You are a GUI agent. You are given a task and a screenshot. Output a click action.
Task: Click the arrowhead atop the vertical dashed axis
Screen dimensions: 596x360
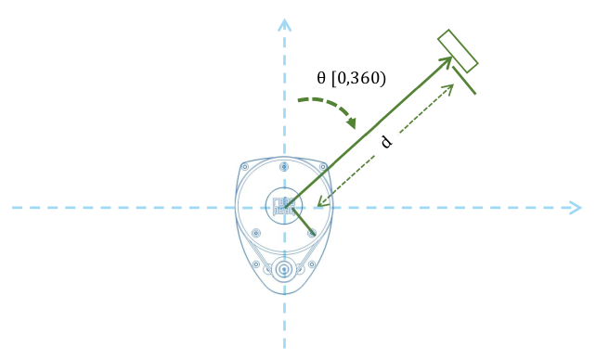coord(285,25)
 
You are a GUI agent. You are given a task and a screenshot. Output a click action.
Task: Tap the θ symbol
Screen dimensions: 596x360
coord(321,78)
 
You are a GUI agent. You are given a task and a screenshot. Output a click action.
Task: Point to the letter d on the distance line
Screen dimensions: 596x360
coord(386,142)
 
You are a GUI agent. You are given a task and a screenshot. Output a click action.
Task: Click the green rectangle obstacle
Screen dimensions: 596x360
coord(458,51)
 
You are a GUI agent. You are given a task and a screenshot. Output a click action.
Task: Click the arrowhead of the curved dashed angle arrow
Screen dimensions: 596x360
coord(352,122)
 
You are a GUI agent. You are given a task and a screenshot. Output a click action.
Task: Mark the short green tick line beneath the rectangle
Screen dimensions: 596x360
coord(464,80)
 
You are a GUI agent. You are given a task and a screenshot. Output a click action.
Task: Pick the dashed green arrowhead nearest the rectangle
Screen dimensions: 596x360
coord(449,89)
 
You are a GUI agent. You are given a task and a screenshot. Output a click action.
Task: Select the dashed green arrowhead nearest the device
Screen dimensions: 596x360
coord(321,202)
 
